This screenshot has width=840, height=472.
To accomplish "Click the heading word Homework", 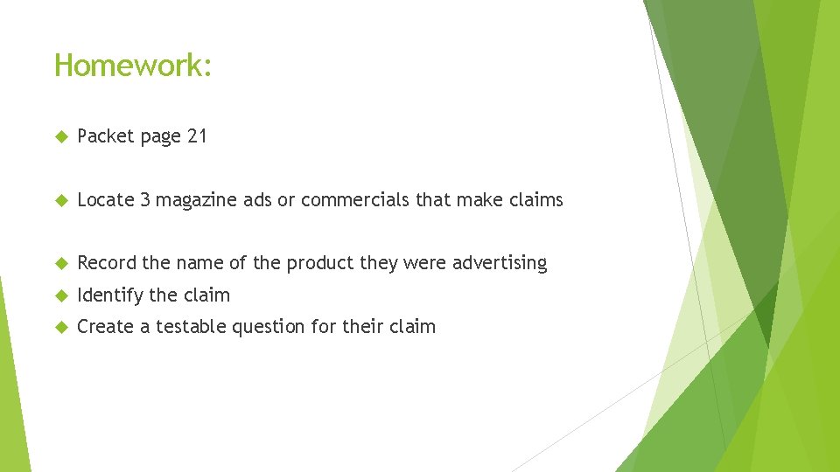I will point(131,65).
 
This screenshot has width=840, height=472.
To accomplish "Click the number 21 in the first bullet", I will point(197,136).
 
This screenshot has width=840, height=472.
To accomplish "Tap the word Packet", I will point(104,136).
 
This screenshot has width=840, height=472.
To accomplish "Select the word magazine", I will point(197,200).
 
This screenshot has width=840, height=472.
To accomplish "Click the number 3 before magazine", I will point(145,200).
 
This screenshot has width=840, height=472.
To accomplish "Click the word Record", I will point(105,263).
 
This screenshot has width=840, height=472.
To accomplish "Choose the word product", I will point(319,263).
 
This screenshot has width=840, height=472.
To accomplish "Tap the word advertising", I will point(500,263).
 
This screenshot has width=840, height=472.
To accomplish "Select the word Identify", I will point(110,295).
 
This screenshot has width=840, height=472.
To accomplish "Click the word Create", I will point(104,327).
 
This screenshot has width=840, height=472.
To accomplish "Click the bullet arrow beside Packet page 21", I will point(60,137).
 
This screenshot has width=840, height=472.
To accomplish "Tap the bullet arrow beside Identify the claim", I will point(60,296).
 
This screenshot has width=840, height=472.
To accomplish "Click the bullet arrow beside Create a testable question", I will point(60,328).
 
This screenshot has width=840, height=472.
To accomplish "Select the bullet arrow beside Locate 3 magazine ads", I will point(60,201).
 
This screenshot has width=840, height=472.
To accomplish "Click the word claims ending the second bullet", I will point(535,200).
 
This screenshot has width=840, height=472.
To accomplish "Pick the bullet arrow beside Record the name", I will point(60,264).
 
